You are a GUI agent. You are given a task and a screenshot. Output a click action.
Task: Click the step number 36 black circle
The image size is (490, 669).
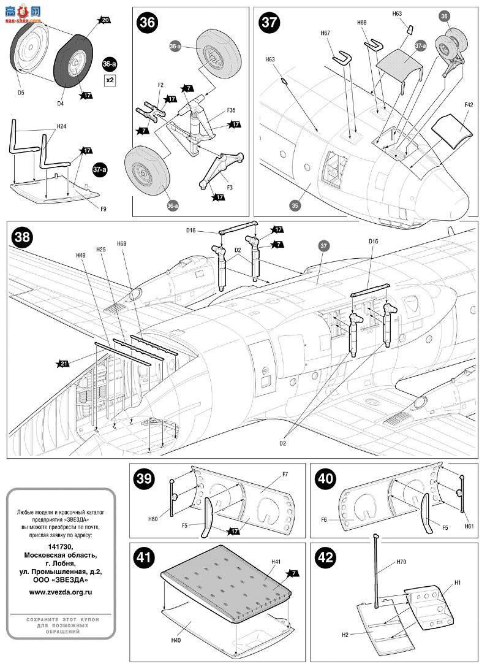(x=148, y=23)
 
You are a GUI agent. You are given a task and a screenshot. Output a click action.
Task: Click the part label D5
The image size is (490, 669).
(x=20, y=93)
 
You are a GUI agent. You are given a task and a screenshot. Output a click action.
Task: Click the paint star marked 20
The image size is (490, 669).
(x=104, y=21)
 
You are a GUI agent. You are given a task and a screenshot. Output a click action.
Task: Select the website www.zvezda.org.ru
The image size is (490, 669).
(x=61, y=592)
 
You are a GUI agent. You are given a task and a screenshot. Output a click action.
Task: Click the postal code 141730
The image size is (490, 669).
(x=61, y=546)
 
